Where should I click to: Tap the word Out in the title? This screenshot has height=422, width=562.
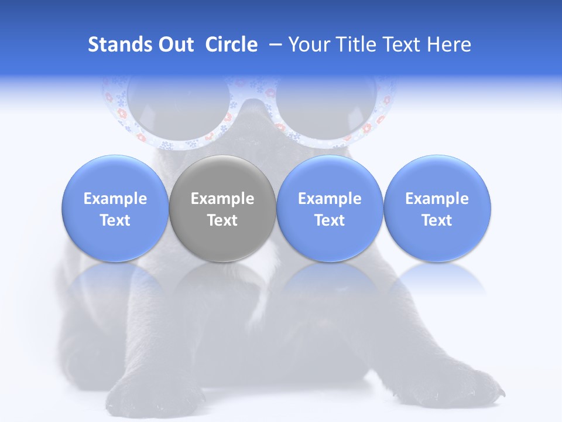[174, 45]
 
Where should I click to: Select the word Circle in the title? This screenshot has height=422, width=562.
[231, 45]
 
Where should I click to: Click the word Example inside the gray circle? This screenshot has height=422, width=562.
[222, 199]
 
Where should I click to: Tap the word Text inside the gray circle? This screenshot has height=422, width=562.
[222, 220]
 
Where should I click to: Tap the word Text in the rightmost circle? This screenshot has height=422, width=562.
[437, 220]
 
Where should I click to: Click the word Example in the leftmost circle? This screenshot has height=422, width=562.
[115, 199]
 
